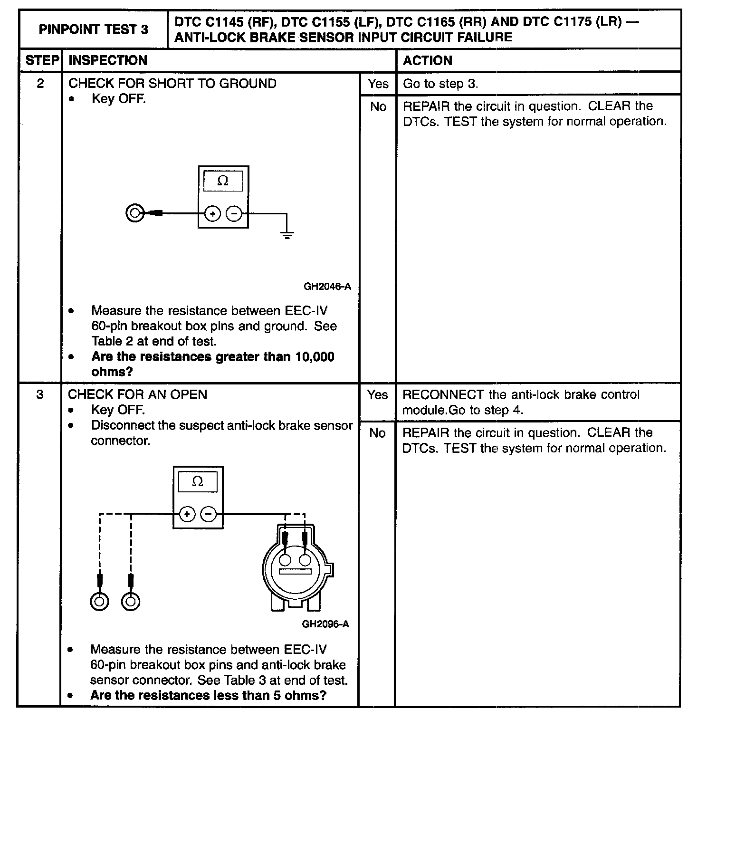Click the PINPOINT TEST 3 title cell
tap(93, 29)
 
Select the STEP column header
tap(42, 61)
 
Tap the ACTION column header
tap(428, 61)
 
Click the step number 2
tap(40, 84)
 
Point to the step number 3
tap(40, 394)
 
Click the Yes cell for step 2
tap(378, 84)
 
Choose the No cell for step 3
tap(377, 433)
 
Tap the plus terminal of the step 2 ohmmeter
tap(212, 214)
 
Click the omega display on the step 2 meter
tap(223, 181)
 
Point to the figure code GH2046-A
tap(327, 287)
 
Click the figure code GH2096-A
tap(325, 624)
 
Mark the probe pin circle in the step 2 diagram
tap(135, 213)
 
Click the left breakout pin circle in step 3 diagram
tap(99, 602)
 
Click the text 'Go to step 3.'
tap(440, 84)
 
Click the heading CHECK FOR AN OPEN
tap(138, 394)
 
